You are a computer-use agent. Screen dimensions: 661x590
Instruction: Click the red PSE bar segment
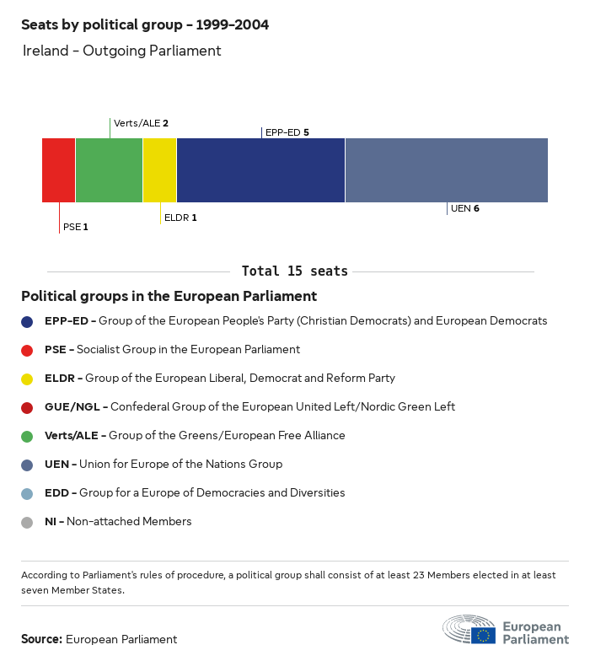tap(58, 170)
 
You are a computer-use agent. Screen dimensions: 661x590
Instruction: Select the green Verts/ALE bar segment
tap(109, 170)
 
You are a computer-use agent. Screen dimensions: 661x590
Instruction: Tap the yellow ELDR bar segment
tap(159, 170)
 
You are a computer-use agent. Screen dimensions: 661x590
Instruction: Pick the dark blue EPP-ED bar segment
tap(260, 170)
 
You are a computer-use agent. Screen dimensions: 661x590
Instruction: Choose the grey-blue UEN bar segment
tap(446, 170)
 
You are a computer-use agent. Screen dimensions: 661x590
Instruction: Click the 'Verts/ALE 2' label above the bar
tap(141, 123)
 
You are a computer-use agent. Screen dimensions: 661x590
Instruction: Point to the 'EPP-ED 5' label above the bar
tap(287, 132)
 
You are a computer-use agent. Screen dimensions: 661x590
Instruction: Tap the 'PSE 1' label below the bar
tap(75, 227)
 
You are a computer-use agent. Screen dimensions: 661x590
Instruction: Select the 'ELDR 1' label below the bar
tap(180, 218)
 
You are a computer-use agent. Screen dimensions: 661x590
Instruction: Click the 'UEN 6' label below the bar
tap(464, 208)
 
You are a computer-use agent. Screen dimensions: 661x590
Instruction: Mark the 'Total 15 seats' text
tap(294, 271)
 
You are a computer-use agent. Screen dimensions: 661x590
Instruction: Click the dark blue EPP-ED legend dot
tap(28, 321)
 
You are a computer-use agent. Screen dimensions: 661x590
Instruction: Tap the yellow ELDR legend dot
tap(28, 379)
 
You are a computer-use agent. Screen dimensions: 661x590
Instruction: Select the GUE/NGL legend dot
tap(28, 407)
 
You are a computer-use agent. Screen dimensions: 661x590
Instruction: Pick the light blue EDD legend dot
tap(28, 493)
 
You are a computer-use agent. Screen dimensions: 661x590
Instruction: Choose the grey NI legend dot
tap(28, 522)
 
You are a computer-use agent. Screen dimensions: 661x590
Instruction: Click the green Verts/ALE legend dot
tap(28, 436)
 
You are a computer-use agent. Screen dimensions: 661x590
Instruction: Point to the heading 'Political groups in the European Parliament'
tap(169, 297)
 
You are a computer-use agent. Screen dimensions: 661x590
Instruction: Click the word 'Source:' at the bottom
tap(41, 639)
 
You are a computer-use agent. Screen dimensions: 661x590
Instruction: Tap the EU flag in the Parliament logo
tap(483, 635)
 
